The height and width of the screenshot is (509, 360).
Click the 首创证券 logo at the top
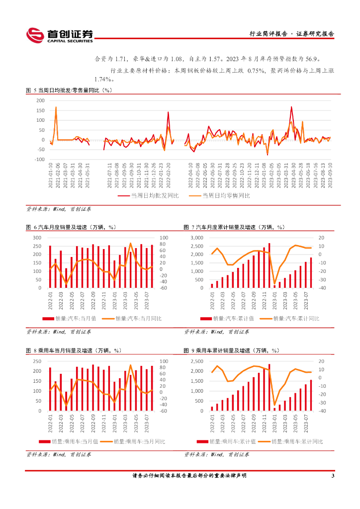[x=60, y=34]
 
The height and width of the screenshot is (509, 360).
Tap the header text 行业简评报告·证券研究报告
[x=291, y=34]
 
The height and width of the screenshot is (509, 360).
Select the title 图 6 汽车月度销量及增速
[x=71, y=227]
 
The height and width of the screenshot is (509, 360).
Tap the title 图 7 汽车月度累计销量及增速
[x=234, y=227]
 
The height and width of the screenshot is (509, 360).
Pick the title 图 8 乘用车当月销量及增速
[x=74, y=350]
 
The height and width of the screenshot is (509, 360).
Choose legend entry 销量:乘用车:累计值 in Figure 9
[x=226, y=441]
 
